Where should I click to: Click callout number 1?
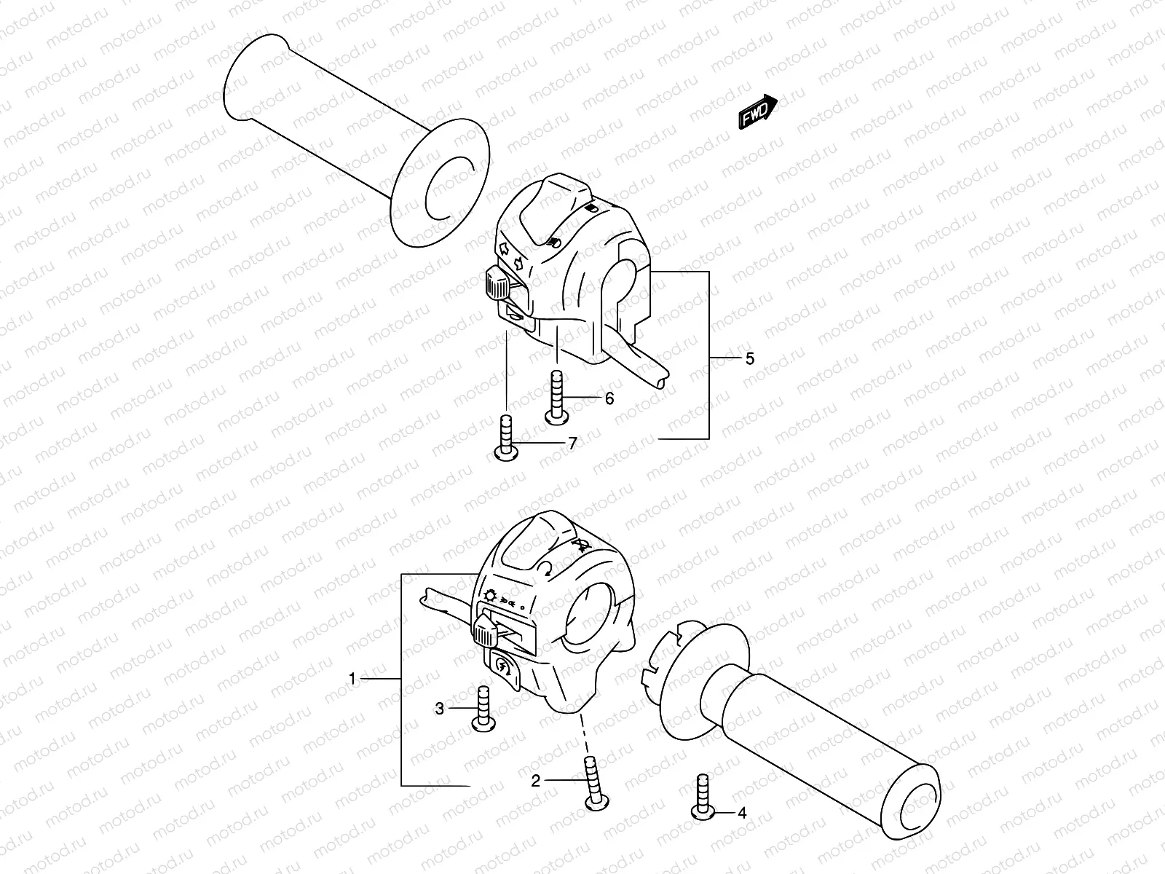tap(352, 679)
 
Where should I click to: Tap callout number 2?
tap(536, 781)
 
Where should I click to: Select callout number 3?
tap(439, 708)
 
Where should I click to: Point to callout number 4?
tap(742, 813)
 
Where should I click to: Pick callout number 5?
tap(750, 358)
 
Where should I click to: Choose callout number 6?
tap(609, 398)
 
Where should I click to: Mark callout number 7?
tap(572, 443)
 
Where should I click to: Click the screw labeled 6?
tap(556, 398)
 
